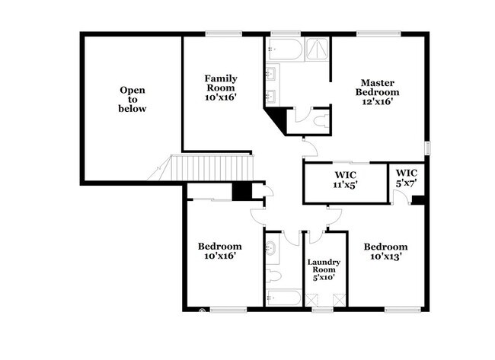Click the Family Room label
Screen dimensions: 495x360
coord(221,88)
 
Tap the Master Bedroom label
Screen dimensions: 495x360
coord(377,92)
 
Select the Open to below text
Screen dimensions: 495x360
coord(133,100)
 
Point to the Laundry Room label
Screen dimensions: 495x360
coord(324,269)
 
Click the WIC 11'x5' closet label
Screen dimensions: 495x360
coord(346,180)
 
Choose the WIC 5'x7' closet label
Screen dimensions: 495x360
coord(407,177)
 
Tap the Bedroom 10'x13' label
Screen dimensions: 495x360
coord(385,251)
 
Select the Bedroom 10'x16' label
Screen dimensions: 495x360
coord(220,251)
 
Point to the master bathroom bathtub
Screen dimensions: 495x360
coord(286,49)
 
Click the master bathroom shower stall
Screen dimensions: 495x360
coord(318,49)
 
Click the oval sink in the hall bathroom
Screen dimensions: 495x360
coord(270,248)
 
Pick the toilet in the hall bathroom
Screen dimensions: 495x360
coord(273,276)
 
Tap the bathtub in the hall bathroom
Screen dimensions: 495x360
coord(284,298)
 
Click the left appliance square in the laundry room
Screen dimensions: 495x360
coord(311,300)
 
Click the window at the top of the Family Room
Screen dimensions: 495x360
coord(223,33)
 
